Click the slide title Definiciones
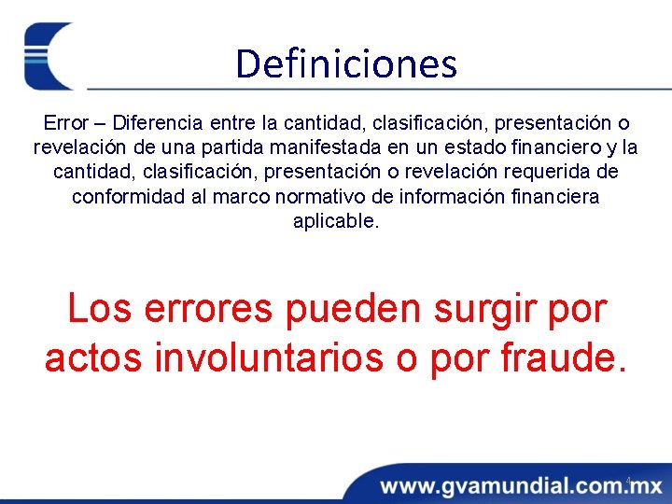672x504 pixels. click(346, 64)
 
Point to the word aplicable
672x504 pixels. click(336, 221)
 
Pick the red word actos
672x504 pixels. click(93, 357)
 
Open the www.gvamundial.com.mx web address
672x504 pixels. click(521, 486)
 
